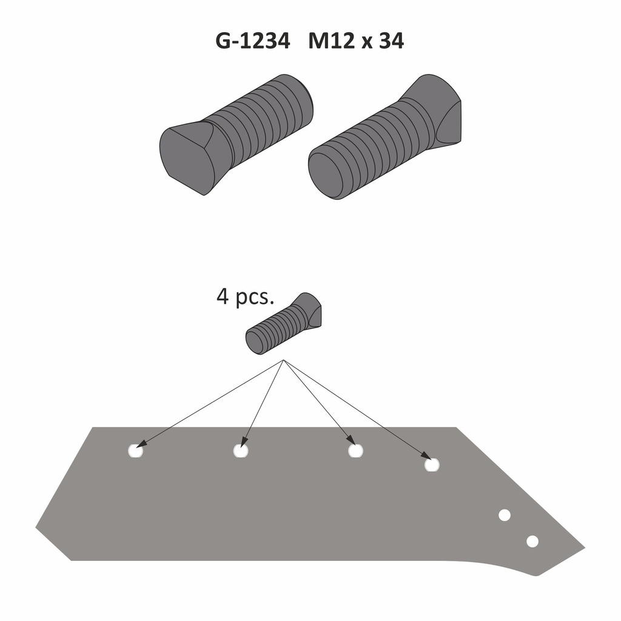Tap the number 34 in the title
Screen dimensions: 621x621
tap(391, 41)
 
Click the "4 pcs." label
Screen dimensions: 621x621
tap(246, 298)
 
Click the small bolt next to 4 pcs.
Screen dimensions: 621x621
tap(283, 324)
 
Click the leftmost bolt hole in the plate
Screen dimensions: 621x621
tap(135, 451)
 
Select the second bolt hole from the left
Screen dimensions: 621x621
tap(241, 451)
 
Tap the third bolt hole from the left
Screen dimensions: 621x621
tap(355, 451)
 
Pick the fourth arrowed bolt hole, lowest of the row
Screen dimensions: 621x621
tap(432, 465)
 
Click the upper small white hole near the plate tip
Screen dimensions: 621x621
tap(504, 515)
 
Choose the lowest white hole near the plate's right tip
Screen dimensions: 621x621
tap(532, 541)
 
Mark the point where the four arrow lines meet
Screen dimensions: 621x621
tap(284, 361)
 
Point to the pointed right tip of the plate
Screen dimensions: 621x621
tap(583, 549)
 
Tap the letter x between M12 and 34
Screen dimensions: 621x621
tap(364, 42)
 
